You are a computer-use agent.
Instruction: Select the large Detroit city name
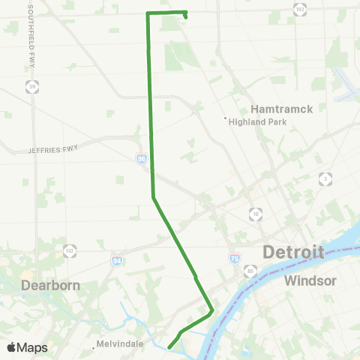293,252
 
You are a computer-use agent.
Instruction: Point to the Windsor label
308,280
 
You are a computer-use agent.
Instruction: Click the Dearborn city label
51,285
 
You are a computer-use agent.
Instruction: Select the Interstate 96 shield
142,159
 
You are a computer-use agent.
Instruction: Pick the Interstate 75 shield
235,257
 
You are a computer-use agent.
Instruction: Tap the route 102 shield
300,8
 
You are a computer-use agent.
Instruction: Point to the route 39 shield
31,87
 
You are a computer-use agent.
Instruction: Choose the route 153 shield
70,250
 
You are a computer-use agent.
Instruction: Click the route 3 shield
325,178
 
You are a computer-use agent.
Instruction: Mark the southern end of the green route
170,346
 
